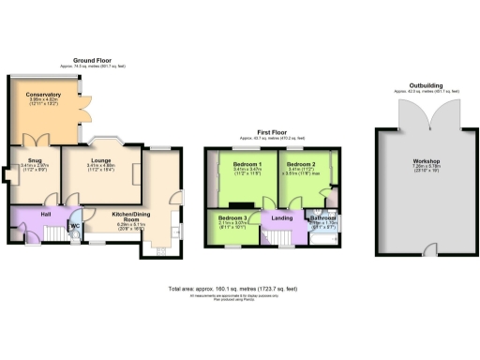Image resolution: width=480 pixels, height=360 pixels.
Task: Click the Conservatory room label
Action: click(43, 95)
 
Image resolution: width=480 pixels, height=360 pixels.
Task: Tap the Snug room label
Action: click(32, 161)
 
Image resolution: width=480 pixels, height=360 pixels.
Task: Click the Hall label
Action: click(44, 214)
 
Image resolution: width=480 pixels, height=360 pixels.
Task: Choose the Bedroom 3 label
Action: click(230, 217)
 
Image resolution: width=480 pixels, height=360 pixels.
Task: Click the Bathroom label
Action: click(323, 217)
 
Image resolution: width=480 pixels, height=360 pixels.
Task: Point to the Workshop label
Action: click(426, 162)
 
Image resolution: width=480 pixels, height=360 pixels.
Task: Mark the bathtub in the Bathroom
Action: click(323, 235)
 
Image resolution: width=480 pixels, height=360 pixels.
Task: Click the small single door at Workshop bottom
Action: click(427, 247)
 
